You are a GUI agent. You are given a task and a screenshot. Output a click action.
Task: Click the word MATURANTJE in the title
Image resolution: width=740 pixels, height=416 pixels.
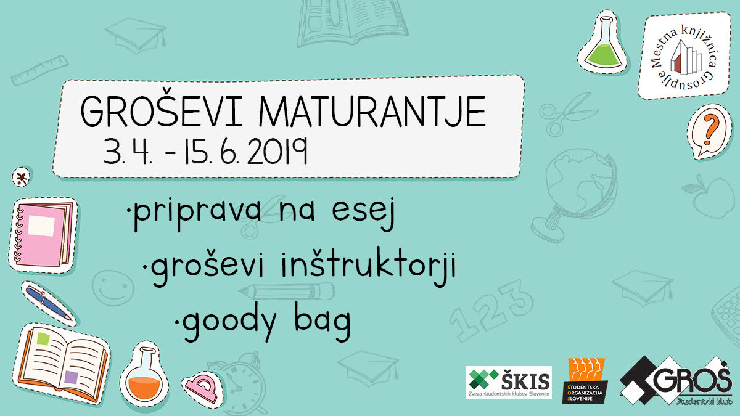pyautogui.click(x=372, y=112)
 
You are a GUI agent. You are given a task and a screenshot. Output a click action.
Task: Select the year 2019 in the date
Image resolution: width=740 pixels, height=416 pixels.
pyautogui.click(x=278, y=151)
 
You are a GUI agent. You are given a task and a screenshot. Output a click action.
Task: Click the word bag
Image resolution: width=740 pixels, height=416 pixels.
pyautogui.click(x=323, y=322)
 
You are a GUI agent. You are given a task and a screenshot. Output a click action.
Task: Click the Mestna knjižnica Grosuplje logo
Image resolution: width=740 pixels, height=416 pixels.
pyautogui.click(x=684, y=55)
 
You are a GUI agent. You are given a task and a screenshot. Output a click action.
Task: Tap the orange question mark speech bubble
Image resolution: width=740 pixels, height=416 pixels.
pyautogui.click(x=709, y=131)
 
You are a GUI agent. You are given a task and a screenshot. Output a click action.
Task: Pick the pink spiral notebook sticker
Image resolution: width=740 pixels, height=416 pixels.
pyautogui.click(x=43, y=235)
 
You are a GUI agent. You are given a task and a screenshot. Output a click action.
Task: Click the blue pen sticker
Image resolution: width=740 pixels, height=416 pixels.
pyautogui.click(x=49, y=303)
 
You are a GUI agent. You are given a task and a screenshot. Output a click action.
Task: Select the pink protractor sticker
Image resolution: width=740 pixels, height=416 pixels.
pyautogui.click(x=202, y=389)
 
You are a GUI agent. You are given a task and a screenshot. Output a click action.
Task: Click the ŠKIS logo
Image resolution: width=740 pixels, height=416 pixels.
pyautogui.click(x=509, y=382)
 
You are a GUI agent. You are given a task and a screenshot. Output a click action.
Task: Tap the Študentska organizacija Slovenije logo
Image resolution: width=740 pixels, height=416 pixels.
pyautogui.click(x=585, y=381)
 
